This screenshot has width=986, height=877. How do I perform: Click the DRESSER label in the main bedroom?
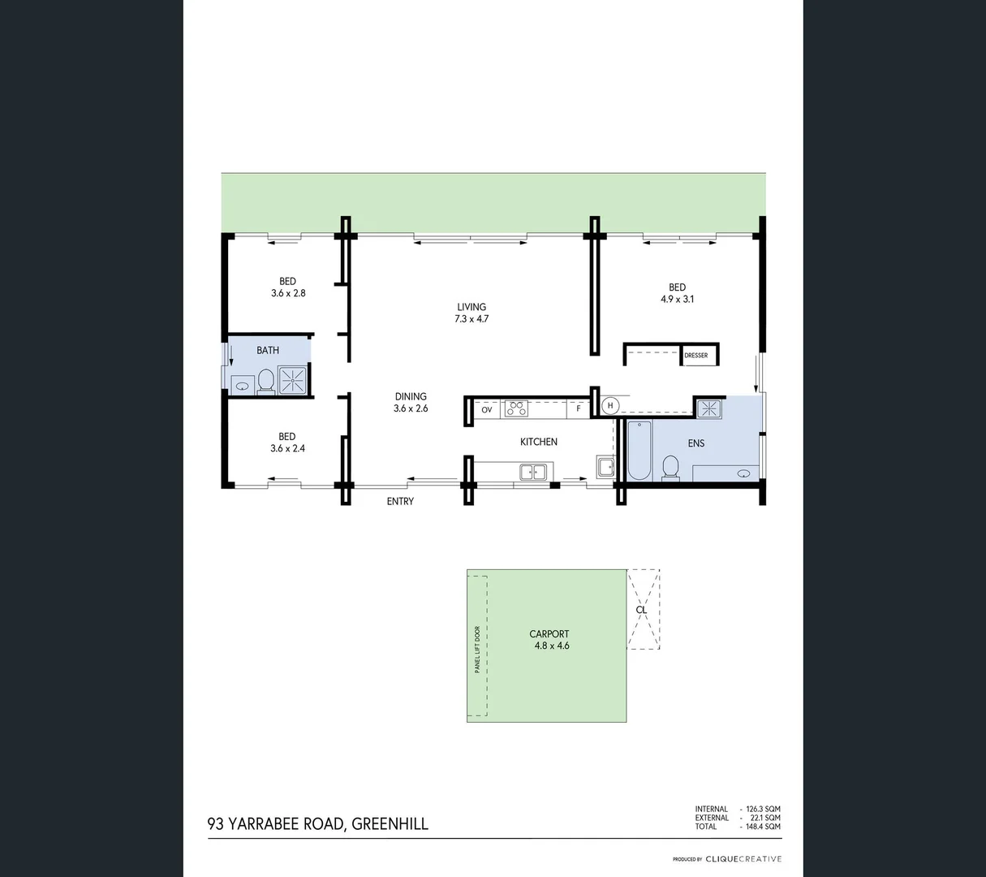click(x=696, y=356)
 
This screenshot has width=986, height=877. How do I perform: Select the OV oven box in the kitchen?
click(x=487, y=410)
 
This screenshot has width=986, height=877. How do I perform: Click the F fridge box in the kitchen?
click(x=579, y=409)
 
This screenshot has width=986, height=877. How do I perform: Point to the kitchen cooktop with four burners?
click(x=516, y=409)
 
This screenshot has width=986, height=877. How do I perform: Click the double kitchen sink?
click(x=533, y=470)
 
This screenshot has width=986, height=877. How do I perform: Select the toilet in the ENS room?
click(x=670, y=468)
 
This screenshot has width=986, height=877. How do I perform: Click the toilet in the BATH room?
click(x=265, y=380)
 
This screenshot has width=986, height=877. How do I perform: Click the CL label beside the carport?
click(x=641, y=609)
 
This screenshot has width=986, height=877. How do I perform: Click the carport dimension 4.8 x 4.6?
click(x=549, y=646)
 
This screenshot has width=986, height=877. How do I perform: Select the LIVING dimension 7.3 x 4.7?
click(x=471, y=319)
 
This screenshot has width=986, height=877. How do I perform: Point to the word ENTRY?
click(x=400, y=502)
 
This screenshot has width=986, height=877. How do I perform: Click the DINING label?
click(x=411, y=396)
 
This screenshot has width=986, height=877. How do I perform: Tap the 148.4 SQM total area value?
click(x=763, y=827)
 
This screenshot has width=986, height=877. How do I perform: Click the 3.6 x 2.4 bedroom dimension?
click(x=287, y=448)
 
